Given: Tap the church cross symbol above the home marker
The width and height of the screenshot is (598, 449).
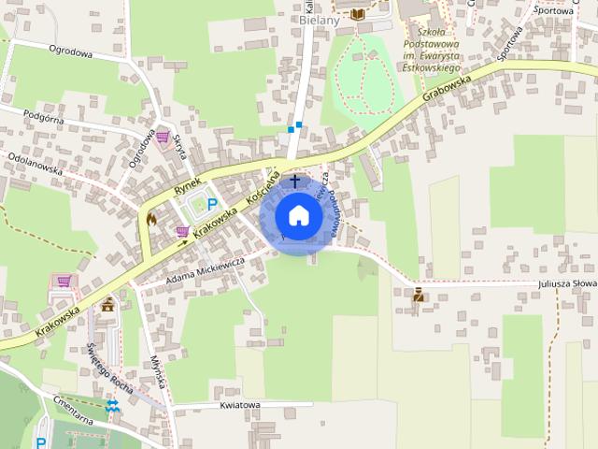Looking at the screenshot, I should click(296, 180).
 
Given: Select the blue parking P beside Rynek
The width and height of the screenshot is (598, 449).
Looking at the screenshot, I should click(211, 204).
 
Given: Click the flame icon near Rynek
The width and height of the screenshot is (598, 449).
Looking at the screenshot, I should click(151, 218).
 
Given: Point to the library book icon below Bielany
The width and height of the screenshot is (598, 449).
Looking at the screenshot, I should click(358, 13).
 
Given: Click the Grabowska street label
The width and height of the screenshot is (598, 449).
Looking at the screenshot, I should click(448, 87).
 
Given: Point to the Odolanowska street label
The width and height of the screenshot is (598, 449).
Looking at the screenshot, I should click(35, 164).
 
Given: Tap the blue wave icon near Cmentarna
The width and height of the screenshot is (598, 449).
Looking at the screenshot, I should click(113, 405).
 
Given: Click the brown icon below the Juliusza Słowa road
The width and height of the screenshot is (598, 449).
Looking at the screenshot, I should click(418, 296).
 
